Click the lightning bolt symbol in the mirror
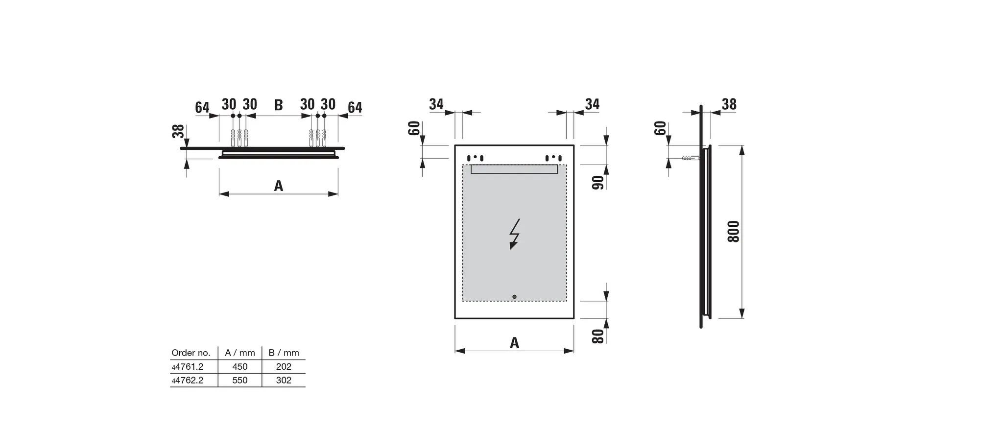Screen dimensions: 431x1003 click(x=514, y=234)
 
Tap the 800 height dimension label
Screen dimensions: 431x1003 click(x=733, y=231)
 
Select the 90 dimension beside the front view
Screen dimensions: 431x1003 click(x=598, y=183)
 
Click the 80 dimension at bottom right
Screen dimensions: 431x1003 click(x=598, y=336)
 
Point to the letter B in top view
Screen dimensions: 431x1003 click(x=278, y=105)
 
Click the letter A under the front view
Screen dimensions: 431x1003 click(x=514, y=343)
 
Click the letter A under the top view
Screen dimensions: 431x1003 click(x=278, y=186)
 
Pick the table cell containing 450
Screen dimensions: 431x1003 click(x=239, y=366)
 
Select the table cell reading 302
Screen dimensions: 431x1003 click(x=284, y=380)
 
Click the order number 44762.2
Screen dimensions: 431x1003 click(x=188, y=380)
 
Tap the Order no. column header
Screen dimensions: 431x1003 click(x=191, y=353)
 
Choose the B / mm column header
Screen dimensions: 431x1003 click(x=284, y=353)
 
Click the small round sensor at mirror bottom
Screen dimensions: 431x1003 click(x=514, y=297)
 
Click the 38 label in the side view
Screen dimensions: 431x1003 click(x=729, y=104)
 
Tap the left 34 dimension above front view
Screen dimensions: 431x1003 click(x=436, y=104)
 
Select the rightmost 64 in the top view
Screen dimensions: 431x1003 click(x=355, y=107)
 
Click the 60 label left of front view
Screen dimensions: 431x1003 click(x=414, y=128)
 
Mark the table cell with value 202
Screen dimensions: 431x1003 click(x=284, y=366)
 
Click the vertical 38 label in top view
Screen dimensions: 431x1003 click(x=178, y=131)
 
